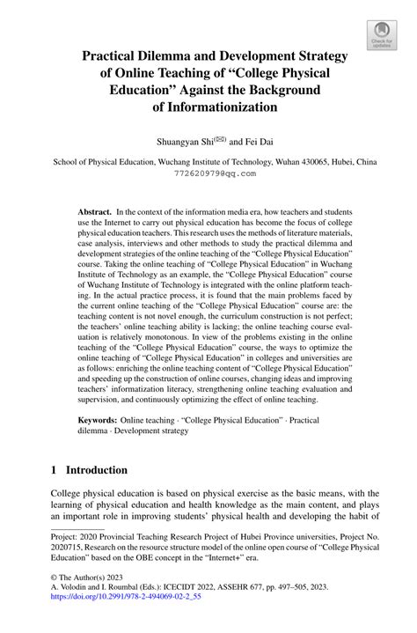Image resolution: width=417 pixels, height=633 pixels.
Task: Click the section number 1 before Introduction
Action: (x=54, y=469)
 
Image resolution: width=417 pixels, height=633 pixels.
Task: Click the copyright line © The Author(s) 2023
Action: (x=94, y=594)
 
